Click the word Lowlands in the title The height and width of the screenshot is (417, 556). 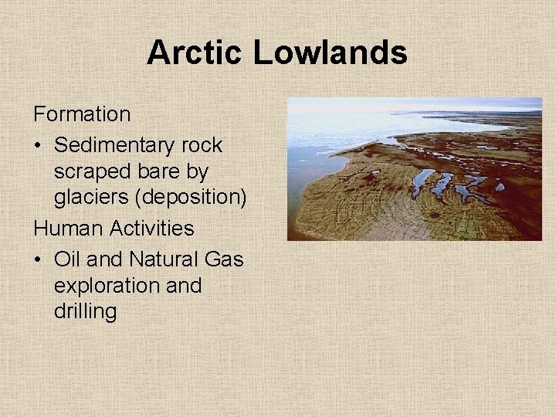330,53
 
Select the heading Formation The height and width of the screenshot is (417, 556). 82,114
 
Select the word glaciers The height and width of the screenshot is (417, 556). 91,198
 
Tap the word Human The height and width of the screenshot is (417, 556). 66,229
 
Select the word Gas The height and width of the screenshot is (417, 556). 226,259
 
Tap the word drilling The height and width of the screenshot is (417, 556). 85,312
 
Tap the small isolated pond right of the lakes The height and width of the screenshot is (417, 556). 500,186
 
